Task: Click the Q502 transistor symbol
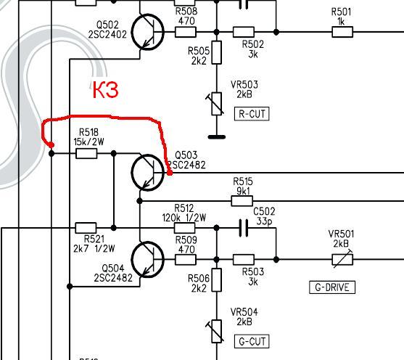[148, 32]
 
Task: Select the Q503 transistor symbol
[148, 173]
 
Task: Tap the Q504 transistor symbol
[148, 259]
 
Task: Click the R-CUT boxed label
[252, 114]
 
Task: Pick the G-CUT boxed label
[252, 341]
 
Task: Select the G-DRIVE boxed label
[332, 287]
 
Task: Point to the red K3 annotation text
[105, 89]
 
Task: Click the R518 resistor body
[86, 153]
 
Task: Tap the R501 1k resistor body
[342, 32]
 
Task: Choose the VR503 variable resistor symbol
[216, 104]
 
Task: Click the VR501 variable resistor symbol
[342, 259]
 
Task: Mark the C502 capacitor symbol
[244, 228]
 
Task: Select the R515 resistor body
[242, 201]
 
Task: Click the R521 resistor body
[86, 228]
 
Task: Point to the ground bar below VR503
[217, 137]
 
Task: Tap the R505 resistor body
[216, 52]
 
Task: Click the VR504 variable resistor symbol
[216, 332]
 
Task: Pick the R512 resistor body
[185, 228]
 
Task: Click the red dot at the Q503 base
[170, 173]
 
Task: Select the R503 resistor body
[244, 259]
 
